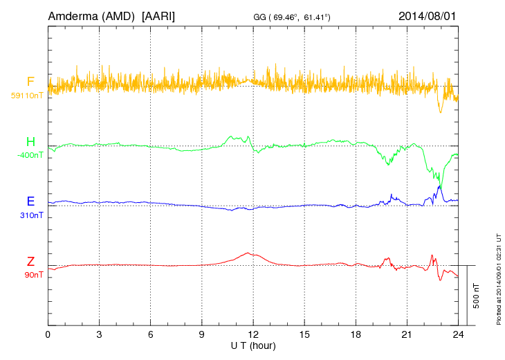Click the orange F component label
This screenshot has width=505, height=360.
coord(30,82)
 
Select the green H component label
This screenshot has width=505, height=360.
coord(30,142)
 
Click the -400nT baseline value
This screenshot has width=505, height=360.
coord(30,155)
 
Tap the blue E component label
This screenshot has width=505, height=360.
coord(30,201)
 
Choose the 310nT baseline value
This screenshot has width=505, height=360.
coord(32,215)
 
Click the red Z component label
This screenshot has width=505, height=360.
coord(30,262)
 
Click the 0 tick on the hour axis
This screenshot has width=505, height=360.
coord(48,334)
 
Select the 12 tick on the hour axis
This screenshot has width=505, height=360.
coord(253,334)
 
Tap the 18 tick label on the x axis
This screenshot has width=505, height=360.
coord(356,334)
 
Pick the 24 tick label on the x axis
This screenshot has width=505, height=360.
coord(458,334)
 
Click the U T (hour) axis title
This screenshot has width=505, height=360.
coord(253,345)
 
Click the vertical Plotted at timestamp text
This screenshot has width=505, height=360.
coord(499,277)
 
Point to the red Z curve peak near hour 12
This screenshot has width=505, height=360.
coord(248,253)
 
